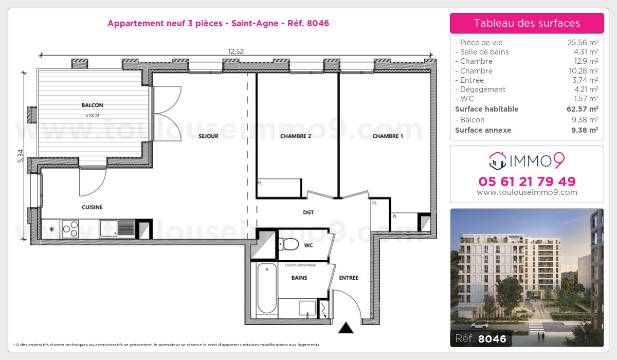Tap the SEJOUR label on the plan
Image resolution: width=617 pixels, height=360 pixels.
click(x=208, y=136)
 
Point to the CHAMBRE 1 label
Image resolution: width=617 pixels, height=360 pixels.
click(x=388, y=136)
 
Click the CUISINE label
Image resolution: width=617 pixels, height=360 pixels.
click(x=92, y=207)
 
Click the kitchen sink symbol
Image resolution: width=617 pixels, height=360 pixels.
click(x=117, y=227)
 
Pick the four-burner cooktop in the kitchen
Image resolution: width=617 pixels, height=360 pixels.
click(x=70, y=228)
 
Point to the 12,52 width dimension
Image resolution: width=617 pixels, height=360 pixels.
click(x=236, y=50)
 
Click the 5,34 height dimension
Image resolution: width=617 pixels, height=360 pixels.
click(x=20, y=156)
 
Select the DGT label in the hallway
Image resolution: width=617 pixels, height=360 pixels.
click(x=308, y=212)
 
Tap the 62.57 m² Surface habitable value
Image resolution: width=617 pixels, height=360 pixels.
click(x=586, y=109)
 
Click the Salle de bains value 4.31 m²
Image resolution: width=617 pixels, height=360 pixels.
click(x=586, y=52)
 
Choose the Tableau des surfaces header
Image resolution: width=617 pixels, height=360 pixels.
click(x=527, y=23)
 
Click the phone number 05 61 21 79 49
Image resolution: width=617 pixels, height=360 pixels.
click(x=527, y=182)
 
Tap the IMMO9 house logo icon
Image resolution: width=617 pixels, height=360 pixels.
click(x=497, y=161)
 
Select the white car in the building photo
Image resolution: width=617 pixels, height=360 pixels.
click(x=479, y=325)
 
